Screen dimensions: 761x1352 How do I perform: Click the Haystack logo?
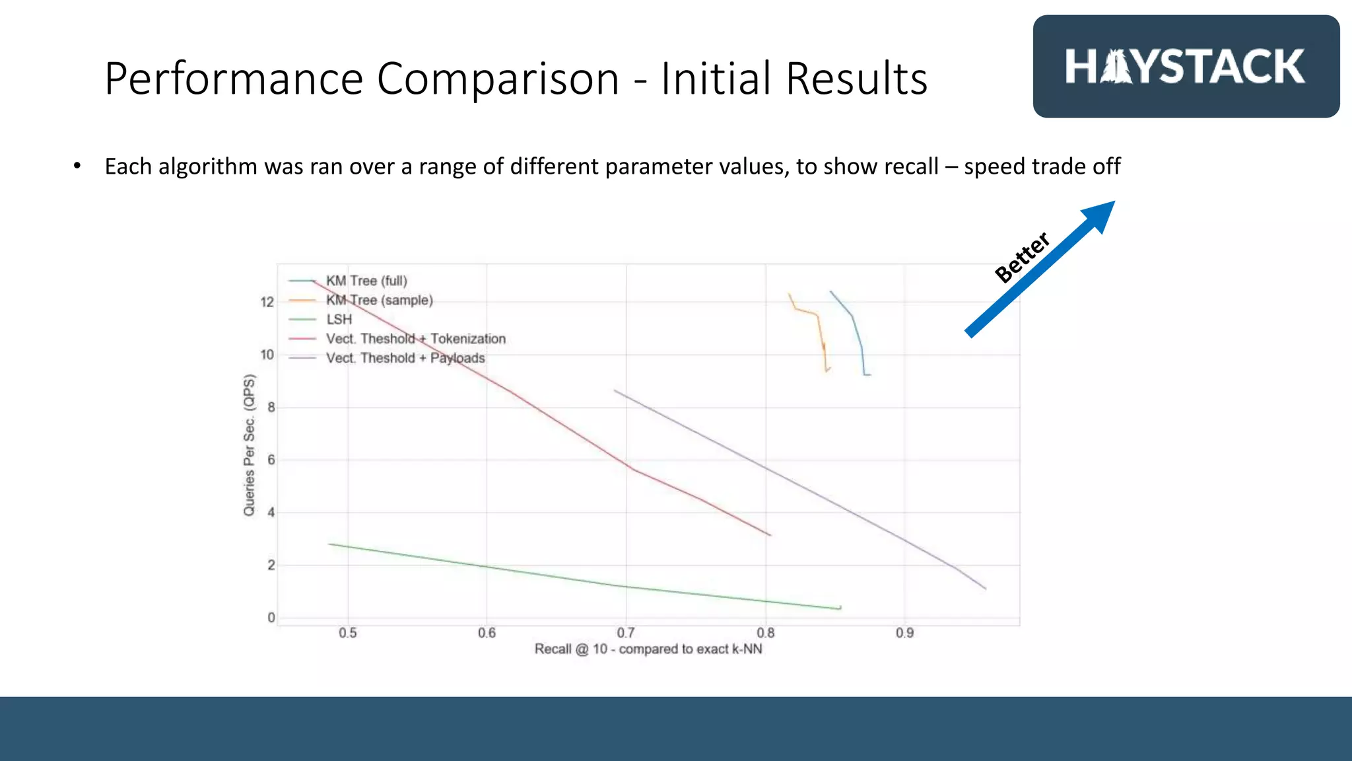[x=1186, y=67]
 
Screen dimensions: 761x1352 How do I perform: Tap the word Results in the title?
[x=857, y=79]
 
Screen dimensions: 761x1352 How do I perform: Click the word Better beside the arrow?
[x=1022, y=257]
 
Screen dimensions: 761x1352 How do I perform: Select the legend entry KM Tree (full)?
[x=366, y=281]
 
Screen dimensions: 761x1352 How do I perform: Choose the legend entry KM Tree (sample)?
[x=380, y=300]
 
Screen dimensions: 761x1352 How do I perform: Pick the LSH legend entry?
[x=339, y=319]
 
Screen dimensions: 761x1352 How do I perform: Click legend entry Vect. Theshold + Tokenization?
[x=416, y=339]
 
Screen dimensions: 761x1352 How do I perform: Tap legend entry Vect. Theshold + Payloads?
[x=405, y=358]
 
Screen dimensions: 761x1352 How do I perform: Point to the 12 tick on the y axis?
[x=267, y=302]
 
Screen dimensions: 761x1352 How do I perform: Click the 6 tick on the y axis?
[x=271, y=460]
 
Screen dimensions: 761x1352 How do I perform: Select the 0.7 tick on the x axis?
[x=626, y=633]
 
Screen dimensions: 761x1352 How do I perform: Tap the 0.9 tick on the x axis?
[x=904, y=633]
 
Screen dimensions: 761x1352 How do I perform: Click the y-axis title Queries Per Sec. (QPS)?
[x=249, y=445]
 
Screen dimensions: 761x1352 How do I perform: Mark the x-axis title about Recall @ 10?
[x=648, y=649]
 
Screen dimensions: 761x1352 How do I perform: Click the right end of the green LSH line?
[x=840, y=608]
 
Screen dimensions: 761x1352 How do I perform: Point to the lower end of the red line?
[x=770, y=535]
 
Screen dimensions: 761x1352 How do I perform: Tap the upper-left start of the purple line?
[x=615, y=390]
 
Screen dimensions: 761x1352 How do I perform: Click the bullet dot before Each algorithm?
[x=77, y=166]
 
